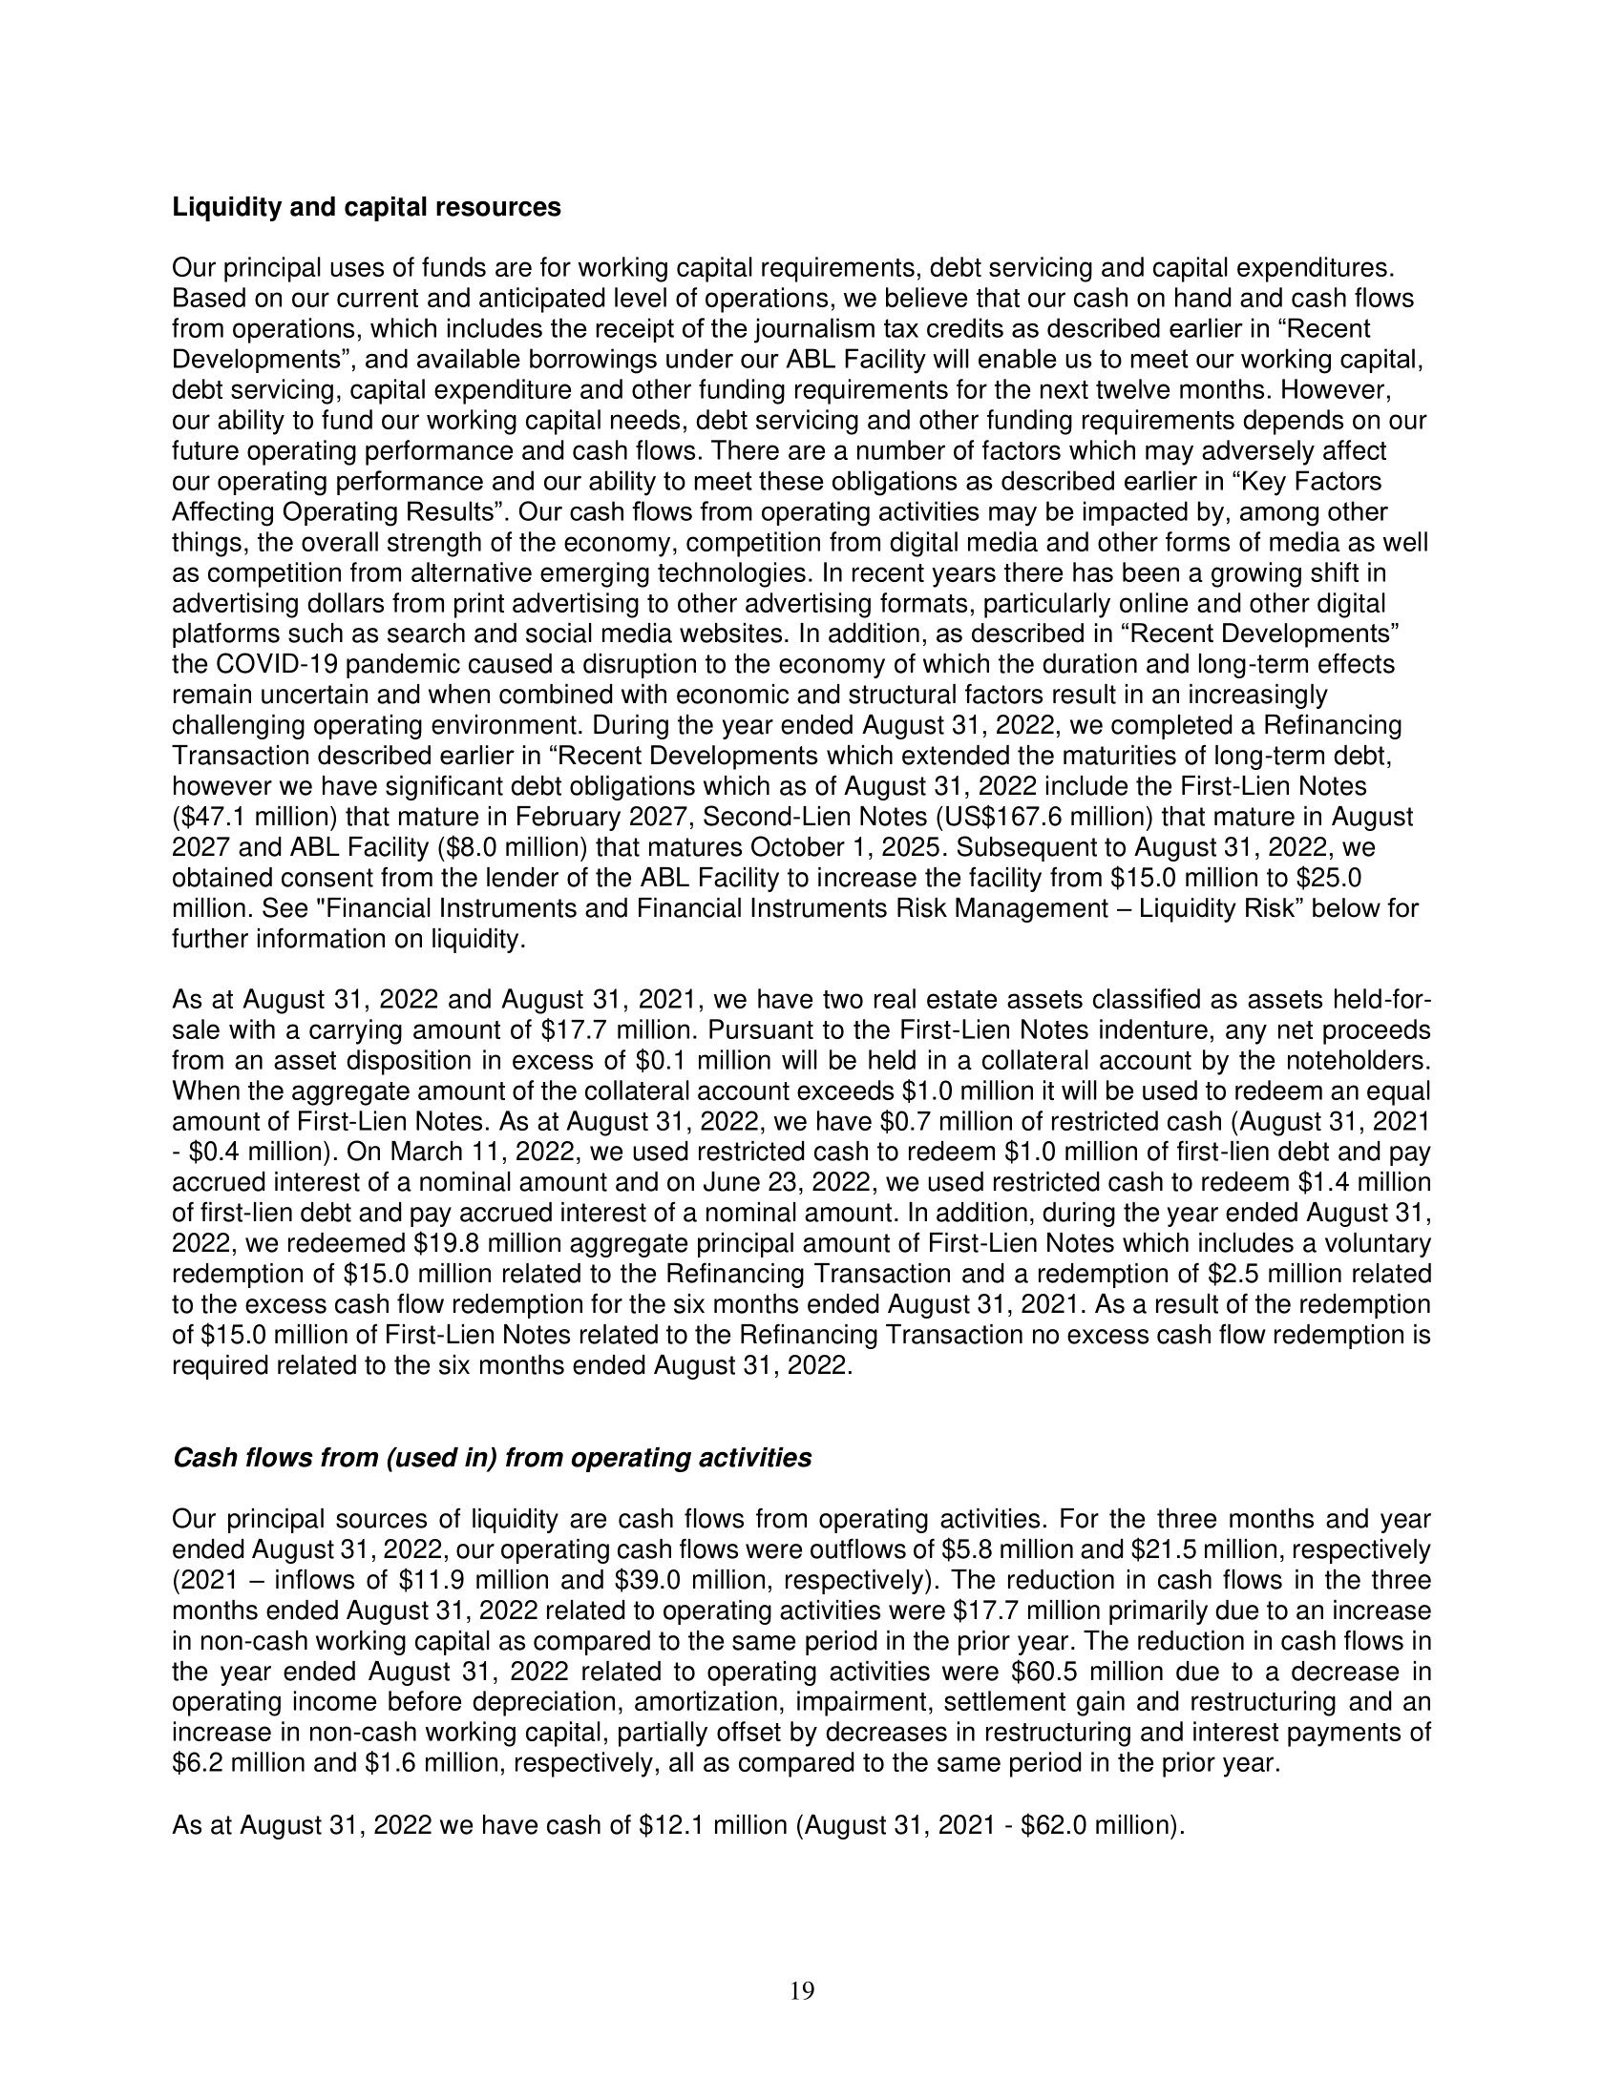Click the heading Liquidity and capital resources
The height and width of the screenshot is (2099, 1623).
click(367, 208)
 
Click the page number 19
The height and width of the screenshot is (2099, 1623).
click(802, 1992)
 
